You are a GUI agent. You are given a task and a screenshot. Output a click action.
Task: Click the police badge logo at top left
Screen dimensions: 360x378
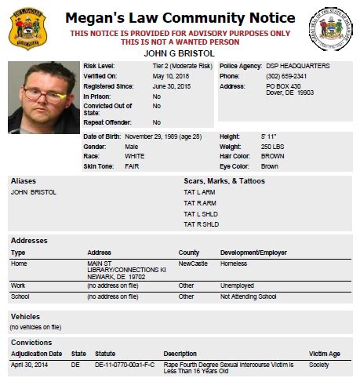click(27, 27)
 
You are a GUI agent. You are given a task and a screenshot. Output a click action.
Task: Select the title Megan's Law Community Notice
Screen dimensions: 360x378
click(180, 17)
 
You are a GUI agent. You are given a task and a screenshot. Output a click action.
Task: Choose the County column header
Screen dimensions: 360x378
click(189, 253)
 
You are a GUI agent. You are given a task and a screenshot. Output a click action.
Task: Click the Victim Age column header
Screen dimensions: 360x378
click(325, 354)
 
